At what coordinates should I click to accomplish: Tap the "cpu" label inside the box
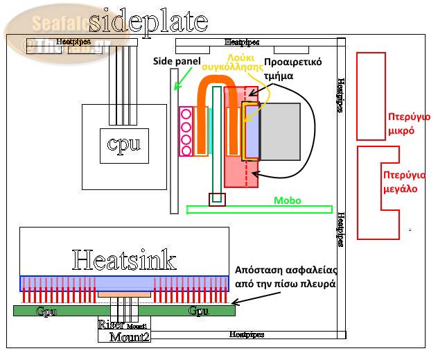coord(124,144)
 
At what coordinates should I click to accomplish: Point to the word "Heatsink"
coord(124,260)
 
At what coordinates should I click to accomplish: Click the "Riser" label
coord(112,325)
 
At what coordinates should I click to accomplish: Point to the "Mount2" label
coord(129,337)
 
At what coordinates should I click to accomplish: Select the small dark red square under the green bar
coord(218,200)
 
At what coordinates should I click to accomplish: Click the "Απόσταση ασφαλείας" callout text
coord(285,276)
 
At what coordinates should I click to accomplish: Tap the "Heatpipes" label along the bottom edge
coord(245,335)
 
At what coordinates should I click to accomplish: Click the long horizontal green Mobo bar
coord(260,209)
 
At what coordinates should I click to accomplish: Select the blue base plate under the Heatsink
coord(124,282)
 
